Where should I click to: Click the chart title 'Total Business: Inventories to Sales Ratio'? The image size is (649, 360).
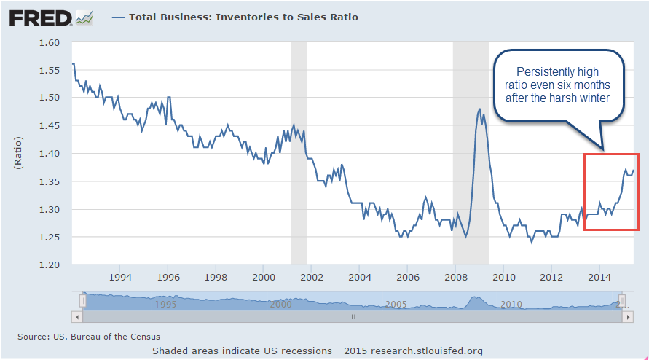click(x=243, y=17)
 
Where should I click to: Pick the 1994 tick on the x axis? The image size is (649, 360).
click(x=120, y=277)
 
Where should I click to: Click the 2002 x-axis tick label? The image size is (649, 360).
click(x=312, y=277)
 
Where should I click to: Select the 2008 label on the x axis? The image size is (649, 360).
click(x=455, y=277)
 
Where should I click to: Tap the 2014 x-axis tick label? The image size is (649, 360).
click(x=599, y=277)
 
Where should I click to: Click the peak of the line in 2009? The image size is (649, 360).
click(x=479, y=109)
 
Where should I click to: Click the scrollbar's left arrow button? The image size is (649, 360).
click(x=76, y=317)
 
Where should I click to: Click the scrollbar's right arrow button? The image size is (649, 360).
click(x=624, y=317)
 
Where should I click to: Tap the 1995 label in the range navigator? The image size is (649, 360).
click(x=166, y=304)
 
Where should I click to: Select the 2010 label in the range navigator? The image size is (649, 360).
click(x=511, y=304)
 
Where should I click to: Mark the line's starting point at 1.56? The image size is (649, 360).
click(x=73, y=64)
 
